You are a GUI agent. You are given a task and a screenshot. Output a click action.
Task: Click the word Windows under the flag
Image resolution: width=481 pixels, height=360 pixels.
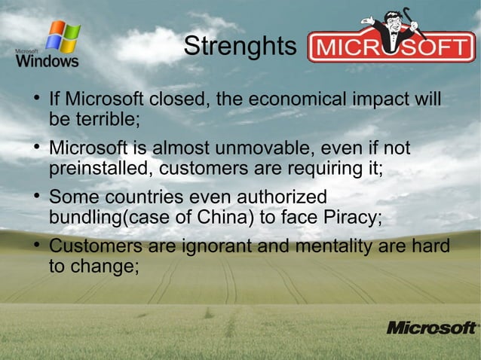[47, 61]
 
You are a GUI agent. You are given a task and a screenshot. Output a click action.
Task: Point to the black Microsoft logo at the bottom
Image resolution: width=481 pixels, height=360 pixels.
[431, 328]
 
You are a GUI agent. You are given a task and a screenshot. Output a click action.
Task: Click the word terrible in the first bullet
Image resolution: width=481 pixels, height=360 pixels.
[109, 119]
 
